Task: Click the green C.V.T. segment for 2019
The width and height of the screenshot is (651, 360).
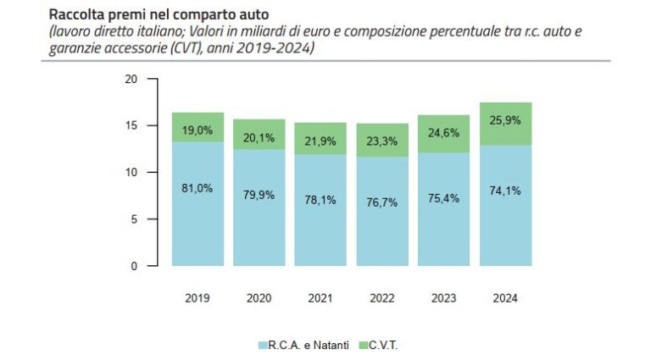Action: point(198,127)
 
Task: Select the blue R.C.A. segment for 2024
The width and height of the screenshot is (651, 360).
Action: point(505,205)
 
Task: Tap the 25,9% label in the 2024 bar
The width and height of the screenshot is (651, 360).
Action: point(505,120)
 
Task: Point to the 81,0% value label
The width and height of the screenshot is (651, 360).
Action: point(198,188)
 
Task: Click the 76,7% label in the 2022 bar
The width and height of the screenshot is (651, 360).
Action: point(382,202)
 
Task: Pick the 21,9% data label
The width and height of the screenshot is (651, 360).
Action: point(320,141)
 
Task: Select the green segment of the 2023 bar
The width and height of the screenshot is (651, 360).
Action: point(443,134)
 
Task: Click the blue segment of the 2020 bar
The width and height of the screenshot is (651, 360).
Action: point(259,208)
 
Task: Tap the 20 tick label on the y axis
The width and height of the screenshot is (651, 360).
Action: point(131,79)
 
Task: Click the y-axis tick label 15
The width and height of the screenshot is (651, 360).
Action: point(131,125)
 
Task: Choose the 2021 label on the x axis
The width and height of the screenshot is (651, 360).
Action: point(320,298)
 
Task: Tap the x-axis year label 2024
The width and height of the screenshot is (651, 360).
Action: point(505,298)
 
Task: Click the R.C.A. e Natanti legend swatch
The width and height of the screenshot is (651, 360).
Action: point(263,345)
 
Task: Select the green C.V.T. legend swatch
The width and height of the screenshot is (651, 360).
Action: point(364,345)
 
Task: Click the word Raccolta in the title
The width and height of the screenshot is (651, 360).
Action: point(72,14)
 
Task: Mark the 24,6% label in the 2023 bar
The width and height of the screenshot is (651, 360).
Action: point(443,133)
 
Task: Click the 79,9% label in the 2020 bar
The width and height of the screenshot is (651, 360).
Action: point(259,195)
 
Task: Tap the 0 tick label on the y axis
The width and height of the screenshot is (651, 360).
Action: point(134,266)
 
